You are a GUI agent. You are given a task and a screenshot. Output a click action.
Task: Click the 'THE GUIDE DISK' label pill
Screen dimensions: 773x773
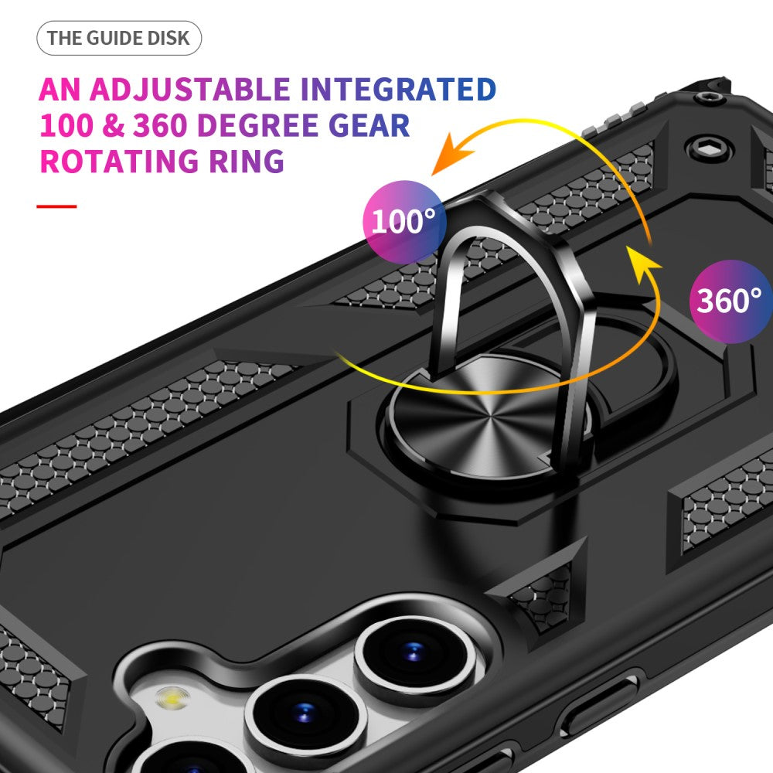(x=119, y=38)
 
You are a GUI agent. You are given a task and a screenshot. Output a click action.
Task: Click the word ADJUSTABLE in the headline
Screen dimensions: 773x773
(x=189, y=89)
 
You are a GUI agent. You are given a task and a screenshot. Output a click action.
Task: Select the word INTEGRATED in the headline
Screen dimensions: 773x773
(x=398, y=89)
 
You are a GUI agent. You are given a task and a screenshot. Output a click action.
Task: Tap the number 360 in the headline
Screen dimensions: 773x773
(x=160, y=125)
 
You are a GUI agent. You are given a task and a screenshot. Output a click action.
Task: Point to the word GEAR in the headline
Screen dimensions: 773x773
(x=369, y=125)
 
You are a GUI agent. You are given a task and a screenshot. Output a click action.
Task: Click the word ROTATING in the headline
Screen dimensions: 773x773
(x=119, y=161)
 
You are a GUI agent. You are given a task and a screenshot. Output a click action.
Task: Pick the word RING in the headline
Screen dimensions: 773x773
(x=247, y=161)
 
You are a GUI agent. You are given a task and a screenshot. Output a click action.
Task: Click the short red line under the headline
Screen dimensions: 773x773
(x=56, y=206)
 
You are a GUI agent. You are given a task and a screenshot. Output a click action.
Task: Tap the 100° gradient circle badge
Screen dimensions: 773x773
(x=404, y=221)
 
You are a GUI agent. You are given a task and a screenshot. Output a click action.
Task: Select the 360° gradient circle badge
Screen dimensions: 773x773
(x=730, y=301)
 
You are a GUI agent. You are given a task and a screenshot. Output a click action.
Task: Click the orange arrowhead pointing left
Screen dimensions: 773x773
(x=450, y=154)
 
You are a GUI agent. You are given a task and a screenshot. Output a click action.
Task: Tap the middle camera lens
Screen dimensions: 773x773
(x=305, y=713)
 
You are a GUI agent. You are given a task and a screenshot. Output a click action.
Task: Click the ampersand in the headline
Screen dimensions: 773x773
(x=114, y=125)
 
